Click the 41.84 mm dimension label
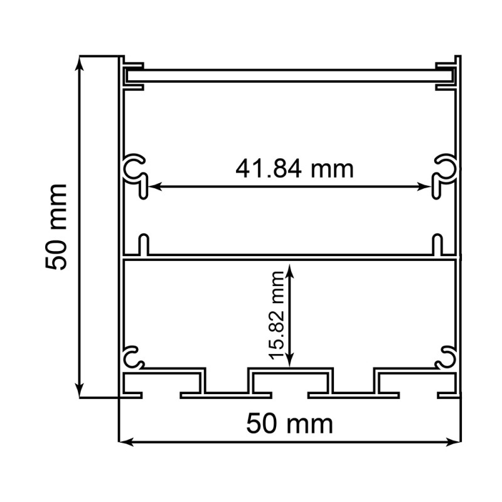click(x=294, y=168)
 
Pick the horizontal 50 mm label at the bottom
click(x=289, y=424)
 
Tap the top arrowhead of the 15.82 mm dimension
click(x=289, y=268)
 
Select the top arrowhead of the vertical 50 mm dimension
click(x=79, y=62)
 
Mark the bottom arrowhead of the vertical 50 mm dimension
click(x=79, y=392)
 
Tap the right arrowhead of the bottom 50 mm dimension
click(x=457, y=442)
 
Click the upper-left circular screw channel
click(x=134, y=167)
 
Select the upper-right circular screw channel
click(x=447, y=167)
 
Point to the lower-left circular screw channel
click(x=134, y=357)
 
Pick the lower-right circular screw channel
click(x=447, y=357)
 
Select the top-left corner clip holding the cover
click(x=133, y=72)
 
